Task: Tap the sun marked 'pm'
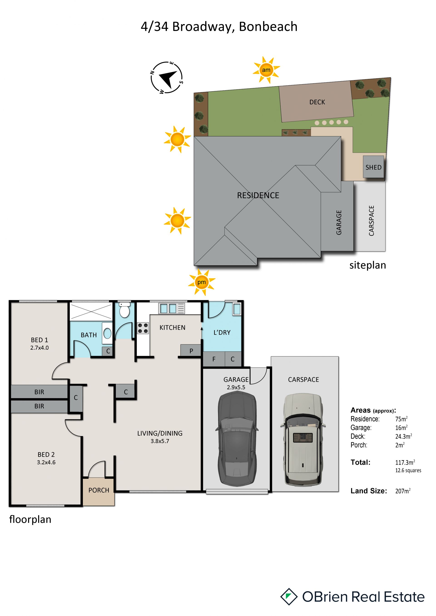(x=201, y=282)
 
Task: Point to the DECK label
(x=317, y=102)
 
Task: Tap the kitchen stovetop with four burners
(x=143, y=328)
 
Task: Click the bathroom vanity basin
(x=107, y=334)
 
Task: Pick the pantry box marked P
(x=191, y=350)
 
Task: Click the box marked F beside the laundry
(x=214, y=359)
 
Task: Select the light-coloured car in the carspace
(x=303, y=439)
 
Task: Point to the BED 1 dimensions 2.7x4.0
(x=40, y=348)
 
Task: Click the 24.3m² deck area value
(x=404, y=436)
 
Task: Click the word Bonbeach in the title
(x=268, y=27)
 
